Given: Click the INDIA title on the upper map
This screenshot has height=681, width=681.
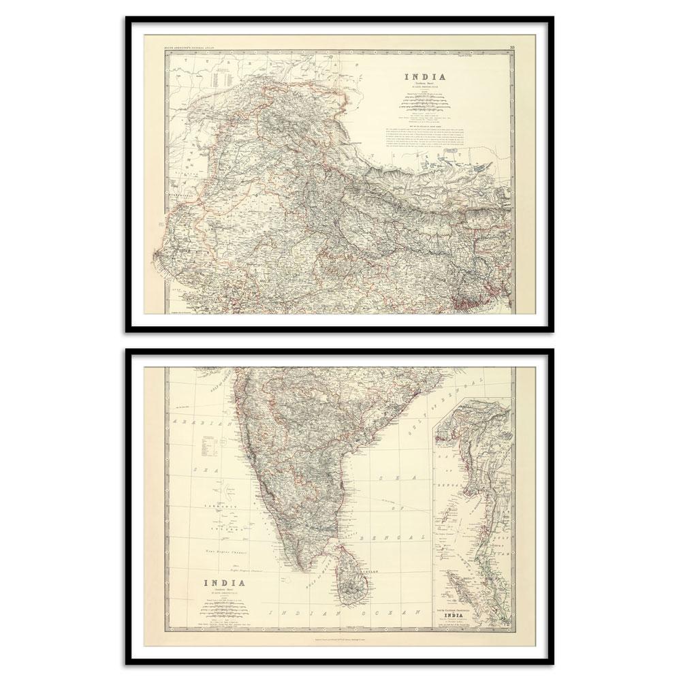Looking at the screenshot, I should (426, 77).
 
